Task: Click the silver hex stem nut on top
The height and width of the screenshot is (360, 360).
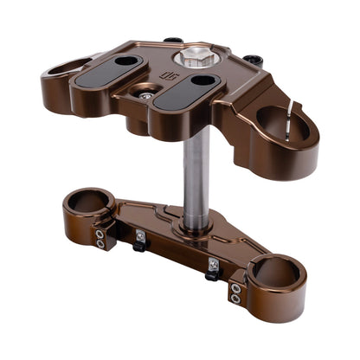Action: pos(190,60)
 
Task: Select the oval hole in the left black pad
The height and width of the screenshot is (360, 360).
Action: pos(126,61)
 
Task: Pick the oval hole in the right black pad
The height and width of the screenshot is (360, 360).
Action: pos(204,81)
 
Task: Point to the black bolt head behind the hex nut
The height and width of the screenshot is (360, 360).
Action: pos(172,40)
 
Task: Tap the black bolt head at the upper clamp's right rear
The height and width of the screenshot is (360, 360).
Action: pos(252,60)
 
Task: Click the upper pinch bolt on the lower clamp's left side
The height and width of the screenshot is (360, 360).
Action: pos(102,232)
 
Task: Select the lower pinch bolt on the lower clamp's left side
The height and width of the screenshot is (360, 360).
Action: pos(101,244)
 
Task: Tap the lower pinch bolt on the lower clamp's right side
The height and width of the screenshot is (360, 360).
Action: pos(235,299)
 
